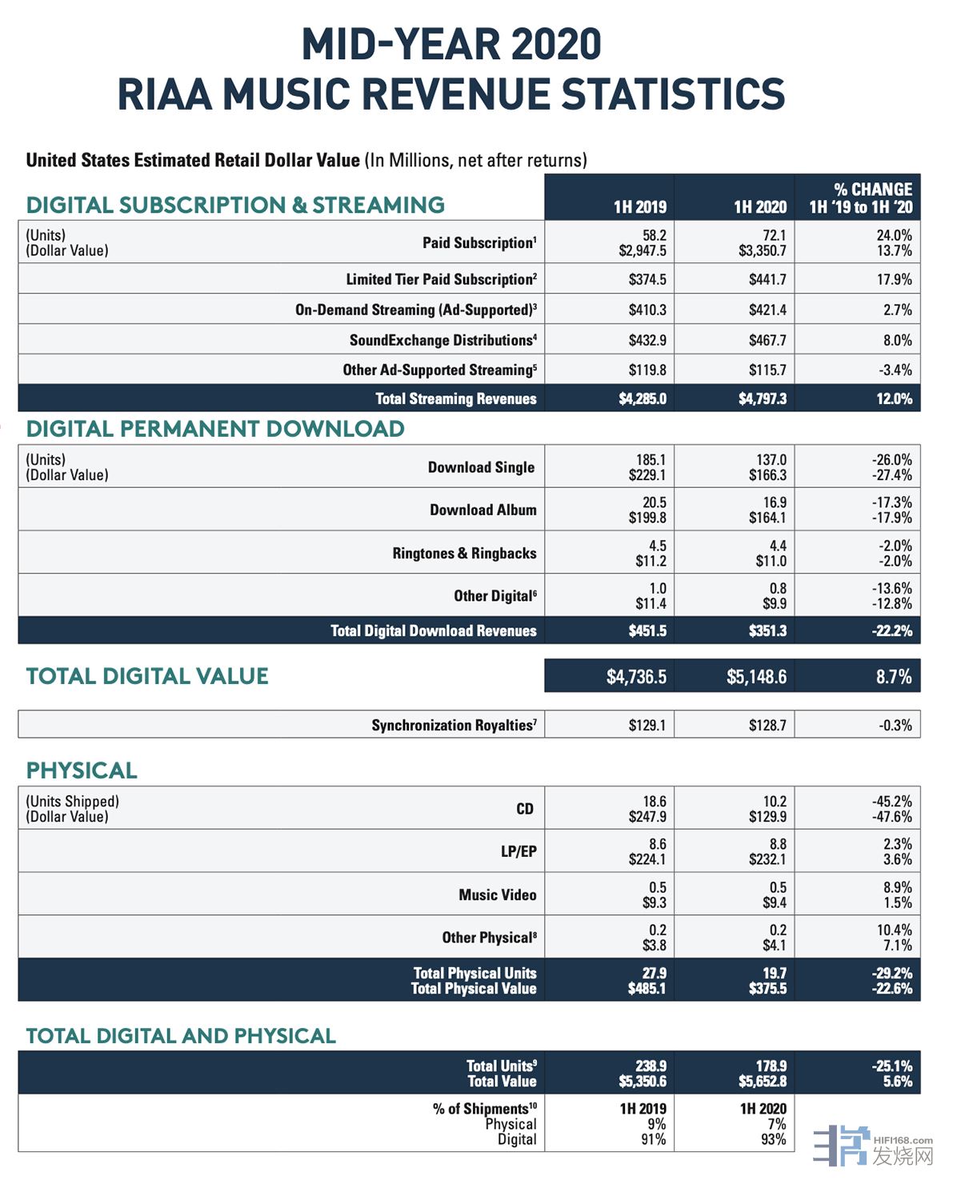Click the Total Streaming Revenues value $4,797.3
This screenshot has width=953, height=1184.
click(762, 398)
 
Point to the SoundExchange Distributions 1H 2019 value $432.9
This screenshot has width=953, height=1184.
click(647, 340)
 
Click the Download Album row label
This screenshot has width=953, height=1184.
click(483, 510)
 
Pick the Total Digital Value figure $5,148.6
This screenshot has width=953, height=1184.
click(756, 677)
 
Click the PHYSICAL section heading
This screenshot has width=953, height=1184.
click(82, 770)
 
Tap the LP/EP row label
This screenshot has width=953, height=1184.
click(519, 851)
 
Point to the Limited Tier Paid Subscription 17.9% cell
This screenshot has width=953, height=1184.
click(894, 279)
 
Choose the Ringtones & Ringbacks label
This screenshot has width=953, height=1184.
click(464, 553)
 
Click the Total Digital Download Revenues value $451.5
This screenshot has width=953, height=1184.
click(647, 630)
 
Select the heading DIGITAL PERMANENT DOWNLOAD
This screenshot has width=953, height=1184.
click(215, 429)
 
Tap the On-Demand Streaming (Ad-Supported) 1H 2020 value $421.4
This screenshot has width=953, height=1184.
click(767, 310)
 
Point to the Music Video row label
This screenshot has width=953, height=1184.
click(497, 894)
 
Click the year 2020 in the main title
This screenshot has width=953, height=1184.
click(555, 45)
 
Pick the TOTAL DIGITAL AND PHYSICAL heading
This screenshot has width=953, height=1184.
click(181, 1036)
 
